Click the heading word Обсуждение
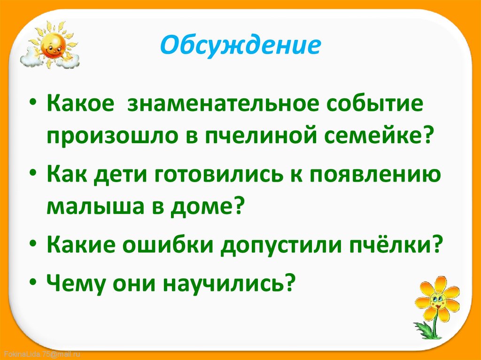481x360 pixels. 240,46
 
